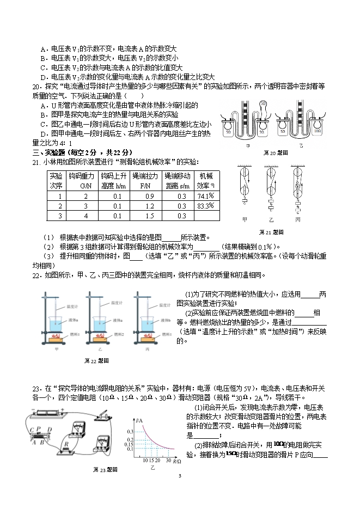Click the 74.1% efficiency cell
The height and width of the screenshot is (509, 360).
click(x=205, y=195)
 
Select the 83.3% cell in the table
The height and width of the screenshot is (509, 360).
click(x=205, y=206)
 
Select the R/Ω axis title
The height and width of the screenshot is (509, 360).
click(x=177, y=462)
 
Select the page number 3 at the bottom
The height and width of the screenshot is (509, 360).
click(x=180, y=476)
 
